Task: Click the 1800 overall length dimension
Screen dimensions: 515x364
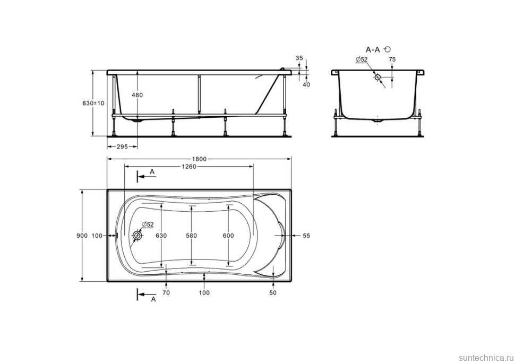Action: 199,159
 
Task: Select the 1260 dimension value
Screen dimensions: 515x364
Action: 188,167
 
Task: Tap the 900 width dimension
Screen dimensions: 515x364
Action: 82,236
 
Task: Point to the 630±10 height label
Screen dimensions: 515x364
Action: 93,103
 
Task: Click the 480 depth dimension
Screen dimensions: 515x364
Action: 138,95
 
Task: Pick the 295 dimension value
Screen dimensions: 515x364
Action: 122,147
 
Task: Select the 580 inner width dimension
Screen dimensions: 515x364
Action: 192,236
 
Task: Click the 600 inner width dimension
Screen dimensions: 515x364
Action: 228,236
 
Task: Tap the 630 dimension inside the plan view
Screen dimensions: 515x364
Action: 161,236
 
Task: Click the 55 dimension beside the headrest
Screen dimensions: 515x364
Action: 306,236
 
